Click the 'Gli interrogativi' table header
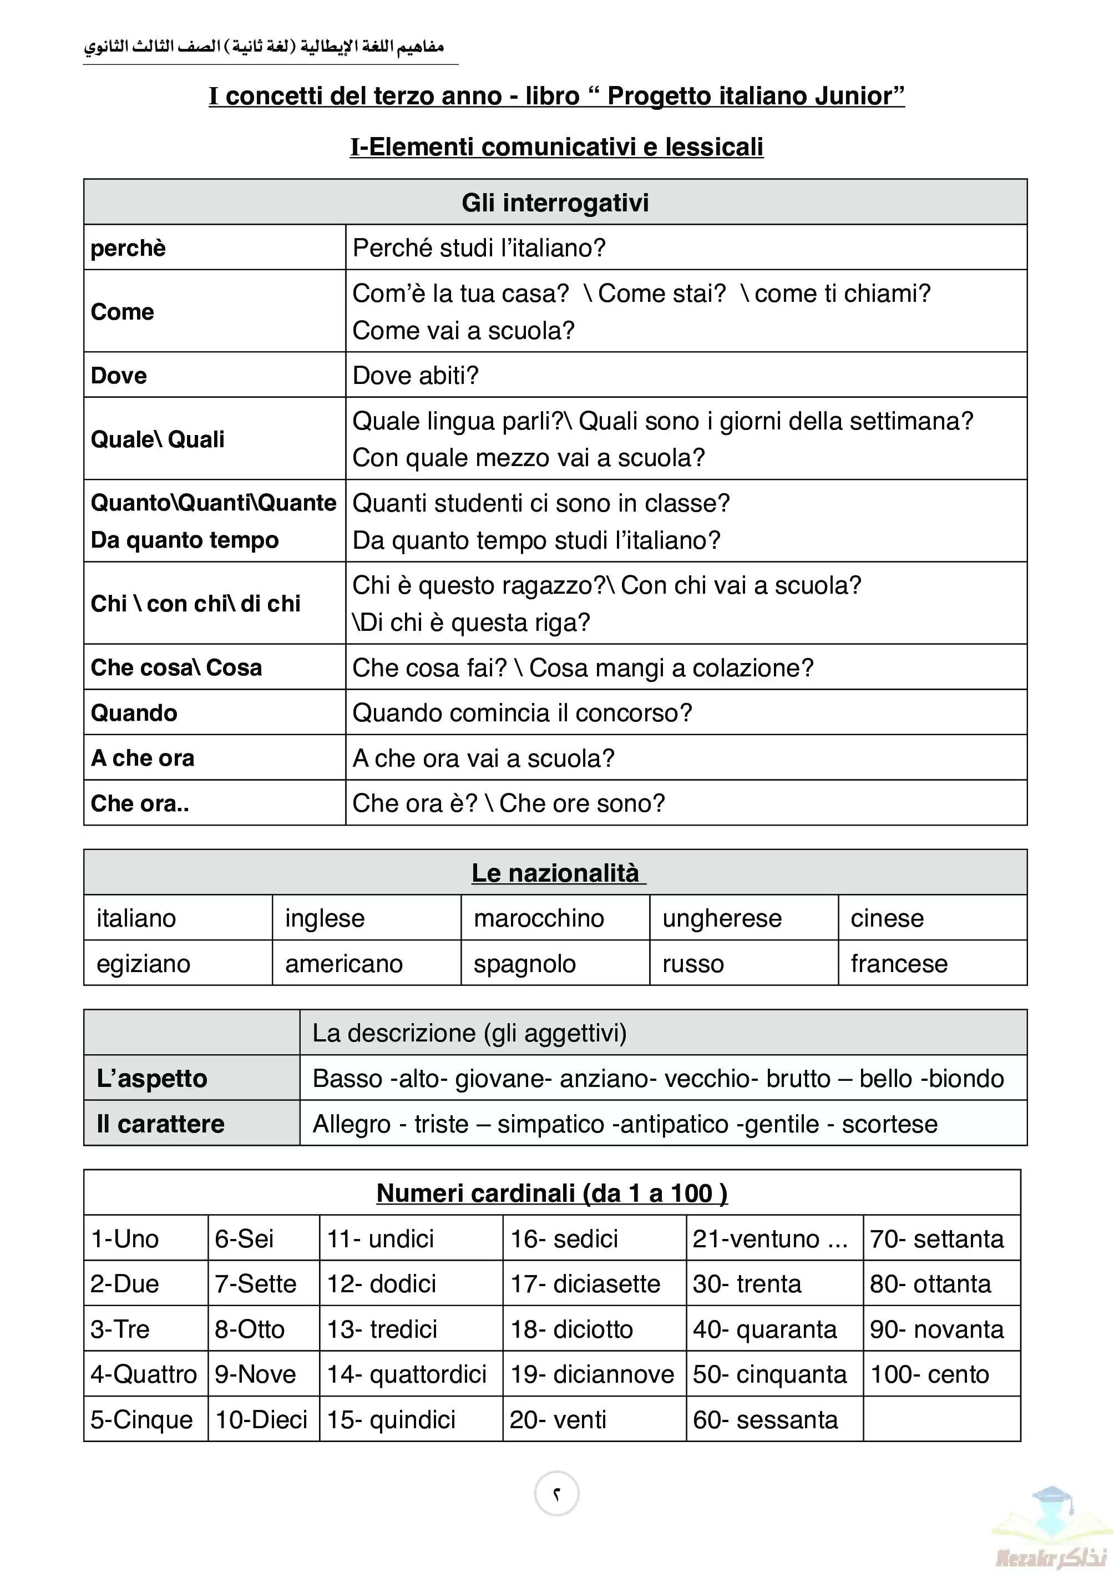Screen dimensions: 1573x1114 coord(555,203)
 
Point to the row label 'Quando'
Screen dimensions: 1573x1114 coord(134,713)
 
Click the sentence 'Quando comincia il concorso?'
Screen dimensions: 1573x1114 coord(522,713)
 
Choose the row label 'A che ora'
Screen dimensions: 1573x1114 coord(143,758)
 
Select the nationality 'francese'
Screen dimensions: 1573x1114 coord(899,963)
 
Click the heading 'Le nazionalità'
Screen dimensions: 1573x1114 coord(556,873)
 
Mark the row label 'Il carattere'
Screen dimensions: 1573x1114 coord(160,1124)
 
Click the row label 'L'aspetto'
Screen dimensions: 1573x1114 coord(151,1079)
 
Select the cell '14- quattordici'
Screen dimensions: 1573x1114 coord(407,1374)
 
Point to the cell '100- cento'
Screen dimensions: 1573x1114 coord(929,1374)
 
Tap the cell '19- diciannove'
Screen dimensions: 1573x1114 coord(592,1374)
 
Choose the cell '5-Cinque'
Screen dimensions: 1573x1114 coord(142,1419)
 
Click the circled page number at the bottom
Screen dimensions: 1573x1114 coord(556,1494)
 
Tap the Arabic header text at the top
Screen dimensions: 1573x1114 coord(264,47)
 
